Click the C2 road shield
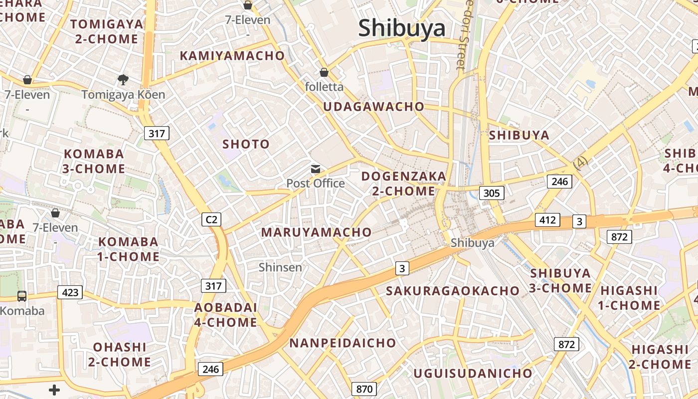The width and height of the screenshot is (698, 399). (212, 219)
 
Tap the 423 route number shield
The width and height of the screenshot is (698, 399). (70, 292)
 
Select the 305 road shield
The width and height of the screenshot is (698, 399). (491, 193)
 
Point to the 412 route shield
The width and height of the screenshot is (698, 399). (547, 219)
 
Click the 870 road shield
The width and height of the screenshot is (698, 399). (364, 389)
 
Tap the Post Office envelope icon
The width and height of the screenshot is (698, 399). (316, 169)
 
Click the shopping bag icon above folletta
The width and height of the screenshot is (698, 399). (324, 72)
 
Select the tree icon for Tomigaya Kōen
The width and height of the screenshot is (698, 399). (123, 79)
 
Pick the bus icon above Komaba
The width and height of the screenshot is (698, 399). (22, 296)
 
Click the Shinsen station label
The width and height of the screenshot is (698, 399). (280, 267)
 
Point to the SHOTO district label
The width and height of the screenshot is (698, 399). (246, 144)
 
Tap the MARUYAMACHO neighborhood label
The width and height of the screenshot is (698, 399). (317, 232)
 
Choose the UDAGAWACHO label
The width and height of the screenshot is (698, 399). (373, 107)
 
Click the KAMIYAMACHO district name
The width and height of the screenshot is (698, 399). (232, 56)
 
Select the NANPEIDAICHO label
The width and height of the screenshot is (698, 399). (343, 343)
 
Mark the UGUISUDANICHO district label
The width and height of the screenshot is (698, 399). (473, 373)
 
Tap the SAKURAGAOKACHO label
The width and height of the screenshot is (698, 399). (453, 291)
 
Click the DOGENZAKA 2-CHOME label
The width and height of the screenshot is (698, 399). (404, 184)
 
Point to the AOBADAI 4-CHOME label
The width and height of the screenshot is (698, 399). (226, 315)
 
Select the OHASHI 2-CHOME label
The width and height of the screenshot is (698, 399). (120, 354)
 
